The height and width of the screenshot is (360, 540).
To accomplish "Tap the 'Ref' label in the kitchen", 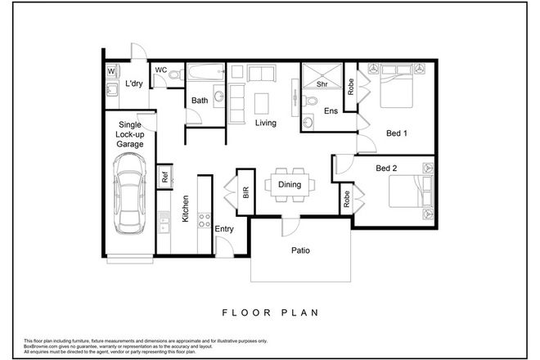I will point(164,175).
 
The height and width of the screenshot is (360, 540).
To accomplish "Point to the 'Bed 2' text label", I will point(388,169).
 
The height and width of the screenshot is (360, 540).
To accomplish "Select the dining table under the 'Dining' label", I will point(289,185).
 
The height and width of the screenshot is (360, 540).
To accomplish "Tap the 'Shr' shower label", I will point(322,83).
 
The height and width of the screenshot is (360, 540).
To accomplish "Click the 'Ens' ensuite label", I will point(331,111).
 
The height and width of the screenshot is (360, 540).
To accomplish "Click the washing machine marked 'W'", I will point(111,71).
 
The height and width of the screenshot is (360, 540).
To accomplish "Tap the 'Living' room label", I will point(265,124).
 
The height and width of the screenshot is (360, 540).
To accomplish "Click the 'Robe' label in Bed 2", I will point(346,198).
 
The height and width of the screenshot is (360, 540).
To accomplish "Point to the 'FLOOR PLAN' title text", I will point(269,312).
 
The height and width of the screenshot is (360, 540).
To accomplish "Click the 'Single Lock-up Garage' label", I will point(130,134).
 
